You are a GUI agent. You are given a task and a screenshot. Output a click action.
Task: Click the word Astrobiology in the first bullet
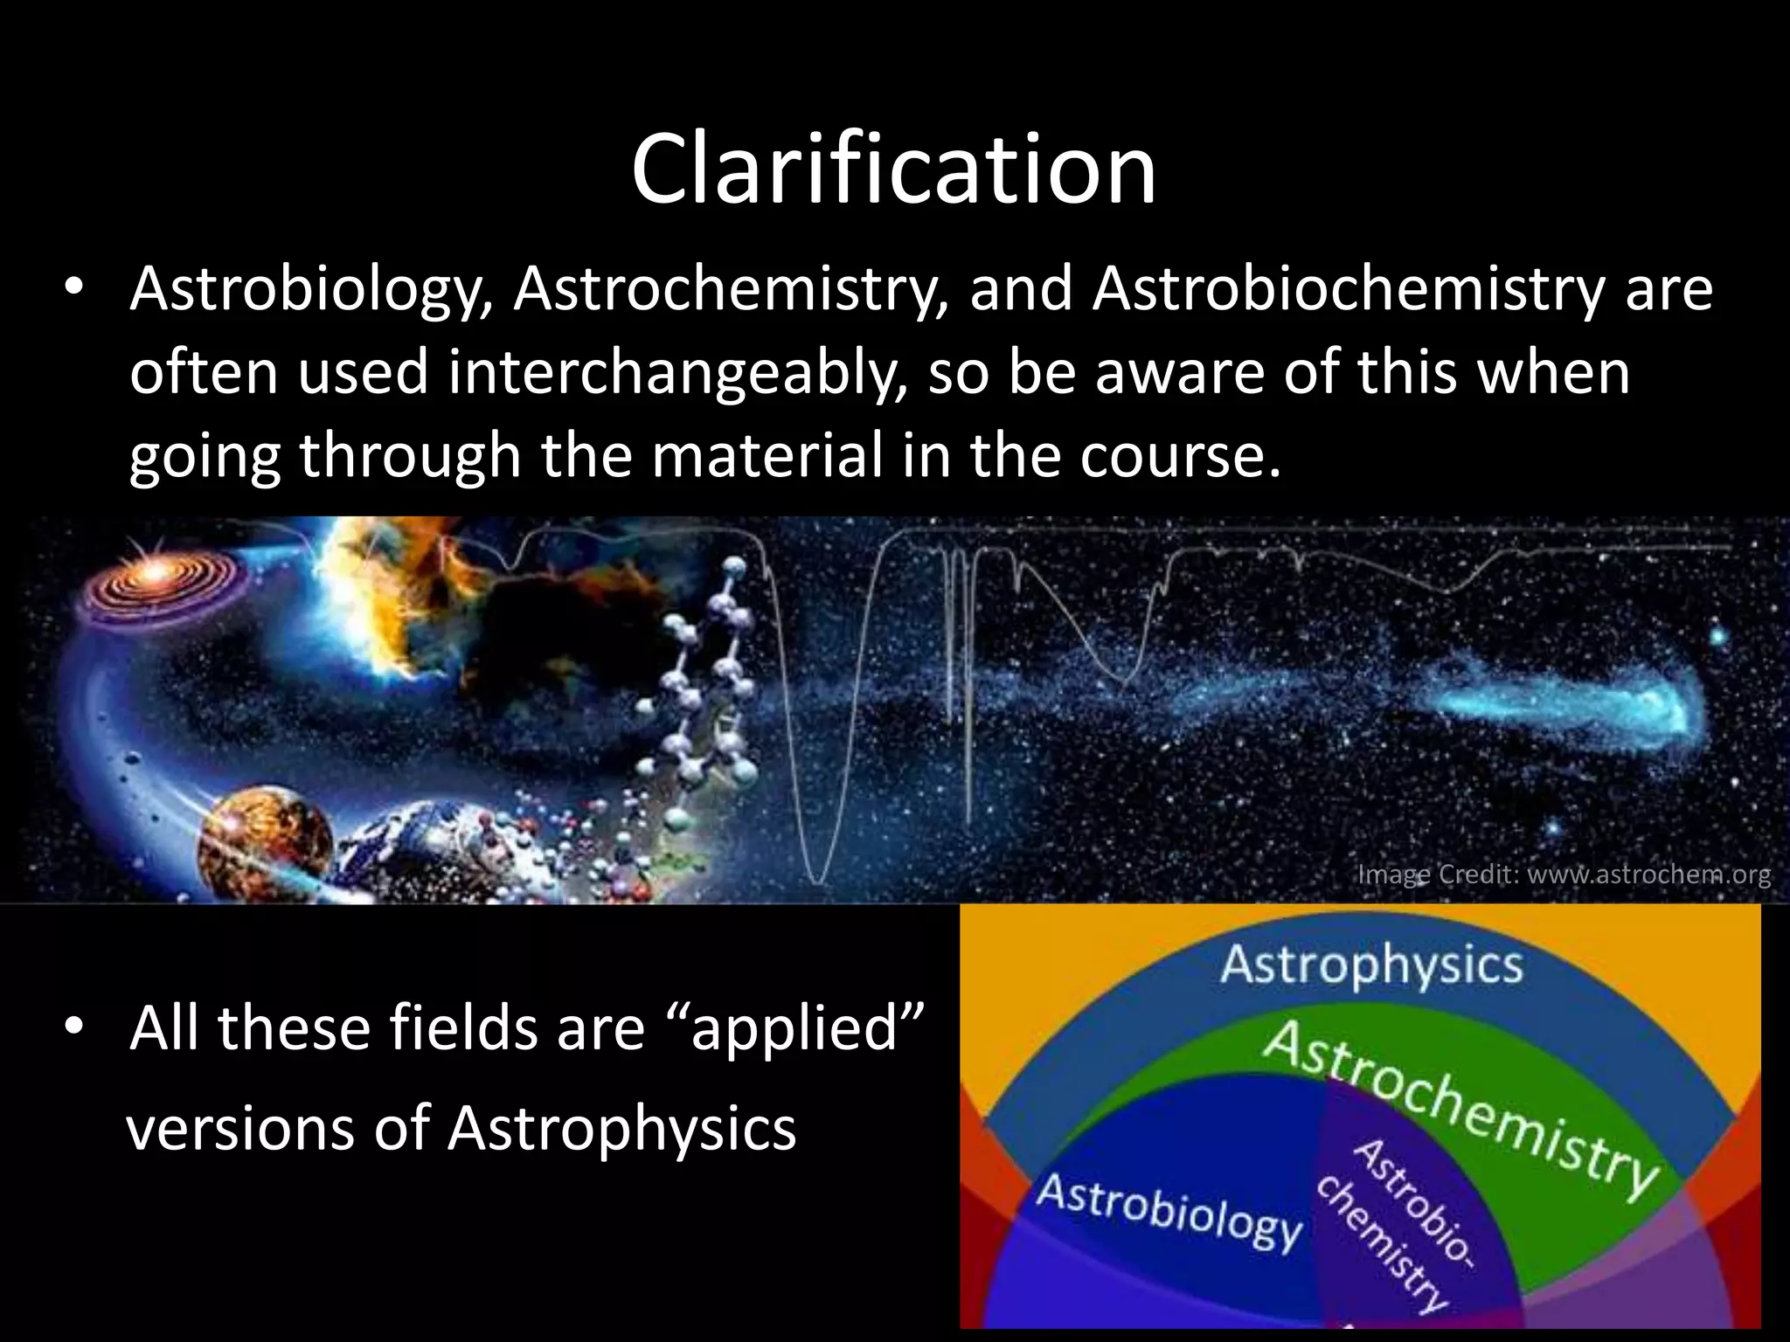pyautogui.click(x=310, y=290)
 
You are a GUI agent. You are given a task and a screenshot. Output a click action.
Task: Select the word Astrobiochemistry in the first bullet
pyautogui.click(x=1349, y=290)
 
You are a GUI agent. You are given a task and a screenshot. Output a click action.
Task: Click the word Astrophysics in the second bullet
pyautogui.click(x=621, y=1128)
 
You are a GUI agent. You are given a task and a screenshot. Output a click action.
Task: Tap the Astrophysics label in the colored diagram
pyautogui.click(x=1370, y=965)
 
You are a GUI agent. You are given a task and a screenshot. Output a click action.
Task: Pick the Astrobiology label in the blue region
pyautogui.click(x=1169, y=1209)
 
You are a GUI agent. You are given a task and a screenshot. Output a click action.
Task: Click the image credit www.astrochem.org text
pyautogui.click(x=1564, y=875)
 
